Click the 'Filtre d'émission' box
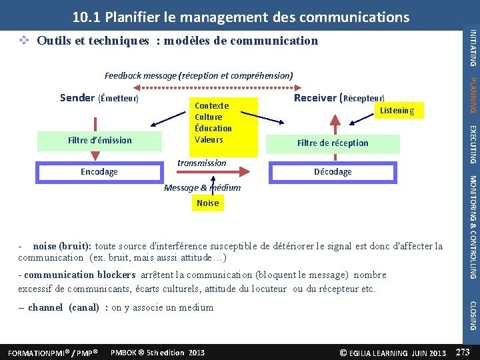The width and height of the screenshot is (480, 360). (x=100, y=140)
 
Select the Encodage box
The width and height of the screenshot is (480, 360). (x=99, y=172)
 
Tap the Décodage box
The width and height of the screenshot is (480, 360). (x=333, y=172)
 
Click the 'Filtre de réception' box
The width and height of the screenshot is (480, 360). (x=333, y=143)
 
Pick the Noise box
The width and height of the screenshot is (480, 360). (x=207, y=203)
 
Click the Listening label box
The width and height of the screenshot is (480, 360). (x=397, y=111)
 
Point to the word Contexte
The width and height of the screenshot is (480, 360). (x=211, y=105)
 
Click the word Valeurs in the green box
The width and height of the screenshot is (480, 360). (x=209, y=139)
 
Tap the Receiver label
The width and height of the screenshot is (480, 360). (x=315, y=97)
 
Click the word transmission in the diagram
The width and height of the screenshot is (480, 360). (x=201, y=163)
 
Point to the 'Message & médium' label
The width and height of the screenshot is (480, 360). (x=202, y=187)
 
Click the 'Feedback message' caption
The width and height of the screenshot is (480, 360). (x=199, y=76)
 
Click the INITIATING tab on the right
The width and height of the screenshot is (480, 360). (x=472, y=47)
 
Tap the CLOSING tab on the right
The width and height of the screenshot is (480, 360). (x=472, y=315)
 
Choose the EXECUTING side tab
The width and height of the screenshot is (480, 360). (x=472, y=144)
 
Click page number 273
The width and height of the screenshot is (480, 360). (x=463, y=351)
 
